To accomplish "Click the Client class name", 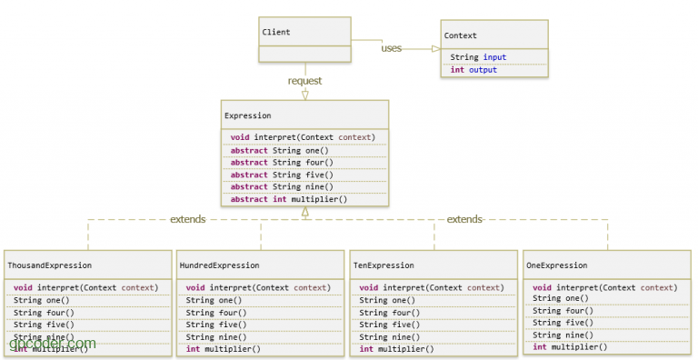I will coord(276,33).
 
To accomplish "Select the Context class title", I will coord(460,35).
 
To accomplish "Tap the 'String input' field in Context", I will coord(478,57).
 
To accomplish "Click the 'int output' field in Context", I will coord(474,70).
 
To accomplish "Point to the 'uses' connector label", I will coord(392,48).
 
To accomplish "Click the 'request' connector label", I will coord(304,81).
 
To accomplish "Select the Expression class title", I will coord(247,116).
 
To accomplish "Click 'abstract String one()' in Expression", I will coord(279,150).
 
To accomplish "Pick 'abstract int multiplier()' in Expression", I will coord(288,199).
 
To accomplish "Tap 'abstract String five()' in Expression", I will coord(281,175).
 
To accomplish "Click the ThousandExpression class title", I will coord(49,265).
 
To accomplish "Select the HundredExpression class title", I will coord(219,265).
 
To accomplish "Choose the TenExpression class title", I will coord(383,265).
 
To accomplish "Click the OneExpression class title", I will coord(557,265).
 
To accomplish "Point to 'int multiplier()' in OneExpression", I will coord(570,347).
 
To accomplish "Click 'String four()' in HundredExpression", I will coord(214,312).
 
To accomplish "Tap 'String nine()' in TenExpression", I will coord(387,336).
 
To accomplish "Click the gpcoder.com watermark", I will coord(52,344).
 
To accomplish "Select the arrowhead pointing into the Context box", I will coord(434,48).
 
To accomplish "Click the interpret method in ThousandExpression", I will coord(85,287).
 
